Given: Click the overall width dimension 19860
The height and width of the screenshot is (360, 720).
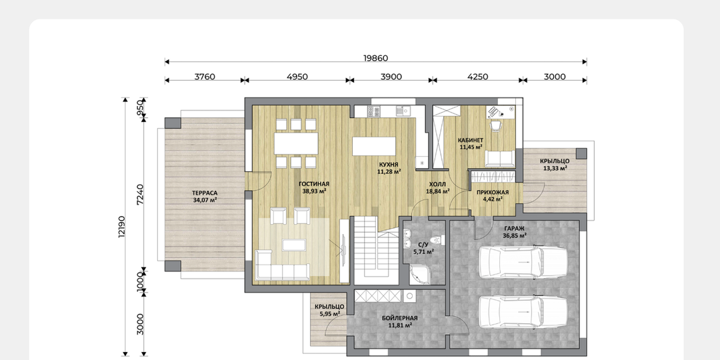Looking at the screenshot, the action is [x=375, y=58].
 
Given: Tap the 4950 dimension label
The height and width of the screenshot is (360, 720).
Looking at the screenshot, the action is [x=297, y=77].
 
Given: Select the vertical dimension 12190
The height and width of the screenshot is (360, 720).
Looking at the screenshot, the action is [x=121, y=227].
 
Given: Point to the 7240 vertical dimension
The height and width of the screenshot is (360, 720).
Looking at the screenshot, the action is [x=140, y=195].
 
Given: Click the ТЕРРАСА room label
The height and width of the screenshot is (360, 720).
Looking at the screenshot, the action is [x=205, y=193].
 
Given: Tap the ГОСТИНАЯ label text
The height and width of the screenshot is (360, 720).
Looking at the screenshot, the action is [x=314, y=184].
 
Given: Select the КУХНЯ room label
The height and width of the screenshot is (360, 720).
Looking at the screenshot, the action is [x=389, y=165].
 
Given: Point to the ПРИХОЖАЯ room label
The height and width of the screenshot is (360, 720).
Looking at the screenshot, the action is [x=492, y=193].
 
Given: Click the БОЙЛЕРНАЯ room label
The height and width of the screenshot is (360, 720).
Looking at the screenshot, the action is [x=399, y=318].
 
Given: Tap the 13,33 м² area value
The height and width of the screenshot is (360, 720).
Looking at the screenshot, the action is [x=555, y=168].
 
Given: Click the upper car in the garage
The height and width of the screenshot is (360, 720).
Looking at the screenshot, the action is [x=523, y=262].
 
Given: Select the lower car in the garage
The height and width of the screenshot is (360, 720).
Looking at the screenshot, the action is [x=523, y=312].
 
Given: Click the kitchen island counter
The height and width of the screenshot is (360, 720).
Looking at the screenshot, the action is [x=374, y=147].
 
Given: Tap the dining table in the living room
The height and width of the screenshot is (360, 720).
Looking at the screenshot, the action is [x=296, y=143].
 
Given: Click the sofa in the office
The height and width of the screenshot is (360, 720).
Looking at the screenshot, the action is [x=500, y=159].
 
